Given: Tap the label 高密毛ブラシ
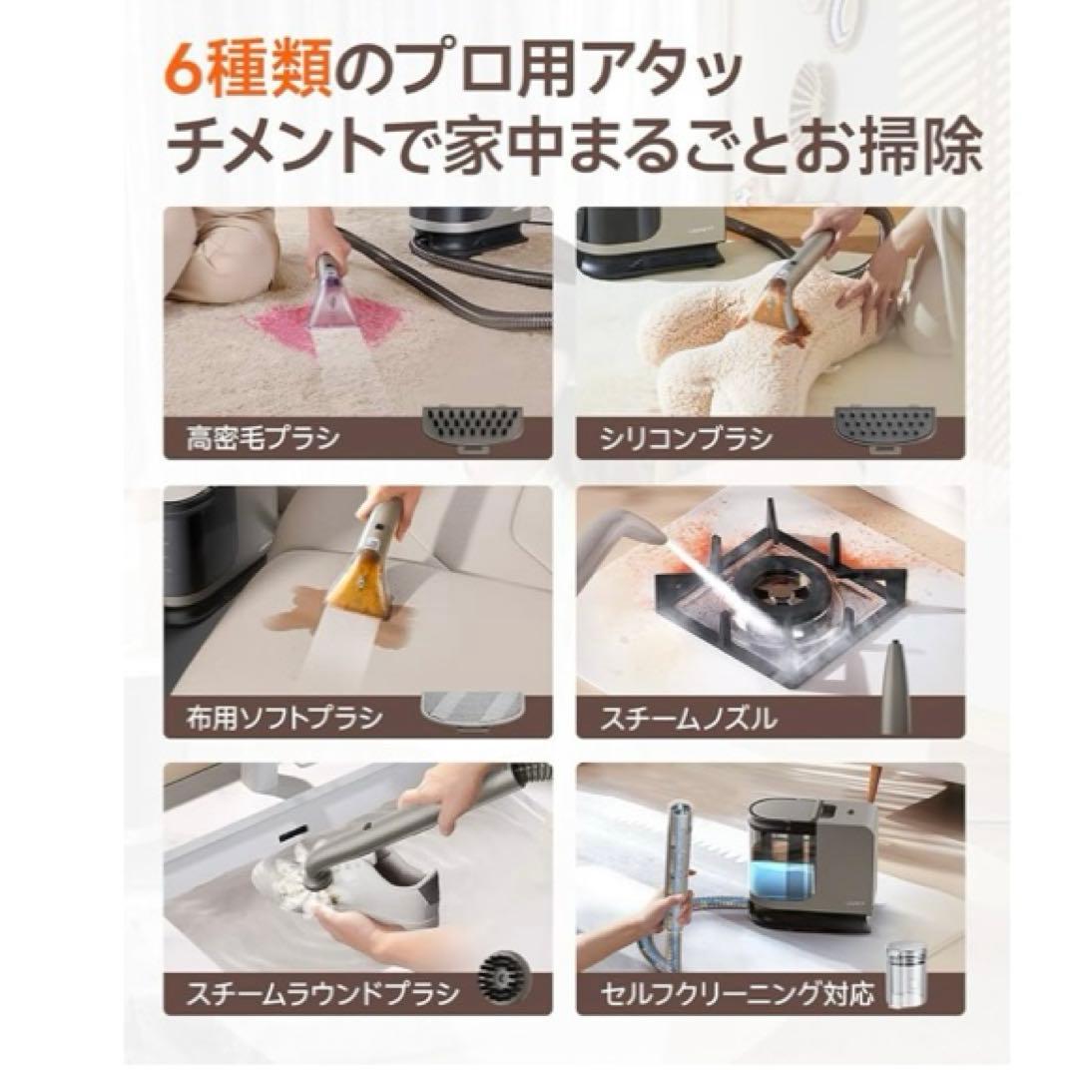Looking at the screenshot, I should point(263,438).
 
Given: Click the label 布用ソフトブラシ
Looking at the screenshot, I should point(284,717).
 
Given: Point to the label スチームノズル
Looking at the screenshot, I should point(688,717).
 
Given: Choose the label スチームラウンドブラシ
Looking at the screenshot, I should point(321,994).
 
